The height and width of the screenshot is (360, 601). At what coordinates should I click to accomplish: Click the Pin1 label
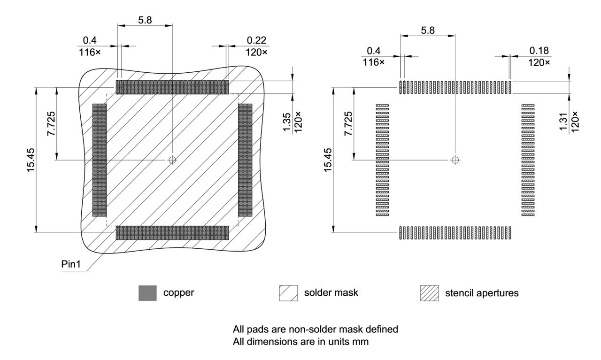pyautogui.click(x=70, y=264)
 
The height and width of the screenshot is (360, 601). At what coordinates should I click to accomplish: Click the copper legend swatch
pyautogui.click(x=147, y=293)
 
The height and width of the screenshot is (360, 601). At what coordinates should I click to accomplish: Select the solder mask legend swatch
pyautogui.click(x=288, y=293)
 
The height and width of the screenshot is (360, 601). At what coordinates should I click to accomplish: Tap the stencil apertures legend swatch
pyautogui.click(x=429, y=293)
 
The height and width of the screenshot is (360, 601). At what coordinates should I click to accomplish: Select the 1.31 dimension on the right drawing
pyautogui.click(x=563, y=123)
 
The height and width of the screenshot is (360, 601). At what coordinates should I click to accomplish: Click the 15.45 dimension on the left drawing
pyautogui.click(x=31, y=160)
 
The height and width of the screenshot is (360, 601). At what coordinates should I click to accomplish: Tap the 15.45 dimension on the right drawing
pyautogui.click(x=328, y=160)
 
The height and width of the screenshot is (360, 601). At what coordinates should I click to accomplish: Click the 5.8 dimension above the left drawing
pyautogui.click(x=145, y=20)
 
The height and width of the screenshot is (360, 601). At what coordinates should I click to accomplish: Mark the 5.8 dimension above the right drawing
pyautogui.click(x=428, y=30)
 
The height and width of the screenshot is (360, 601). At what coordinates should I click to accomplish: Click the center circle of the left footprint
pyautogui.click(x=172, y=160)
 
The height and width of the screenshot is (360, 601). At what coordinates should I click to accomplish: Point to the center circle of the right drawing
pyautogui.click(x=455, y=160)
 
